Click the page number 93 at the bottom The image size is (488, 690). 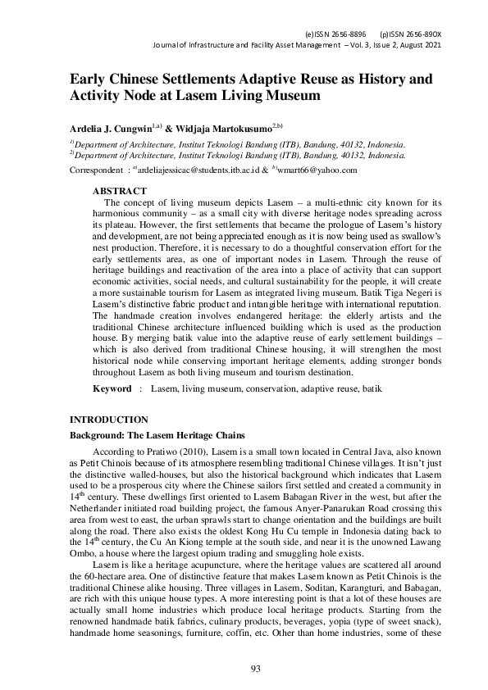click(x=255, y=670)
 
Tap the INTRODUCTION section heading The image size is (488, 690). click(x=108, y=420)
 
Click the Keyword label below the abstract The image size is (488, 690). click(x=112, y=388)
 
